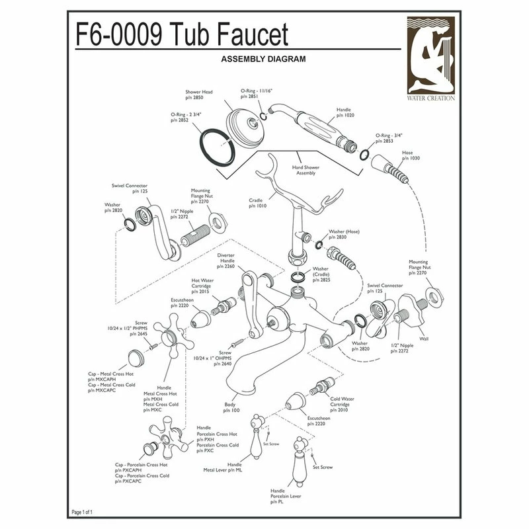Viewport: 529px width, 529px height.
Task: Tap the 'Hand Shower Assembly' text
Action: tap(305, 171)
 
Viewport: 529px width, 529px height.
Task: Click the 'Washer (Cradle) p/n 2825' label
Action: tap(321, 274)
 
